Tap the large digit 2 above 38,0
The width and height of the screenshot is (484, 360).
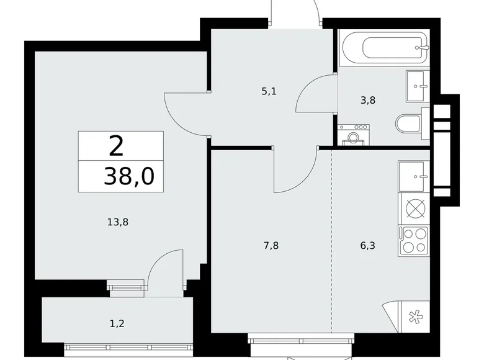pyautogui.click(x=116, y=146)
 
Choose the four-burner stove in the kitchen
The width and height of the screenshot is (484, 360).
pyautogui.click(x=415, y=240)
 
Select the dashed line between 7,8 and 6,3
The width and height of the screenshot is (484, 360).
pyautogui.click(x=331, y=242)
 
